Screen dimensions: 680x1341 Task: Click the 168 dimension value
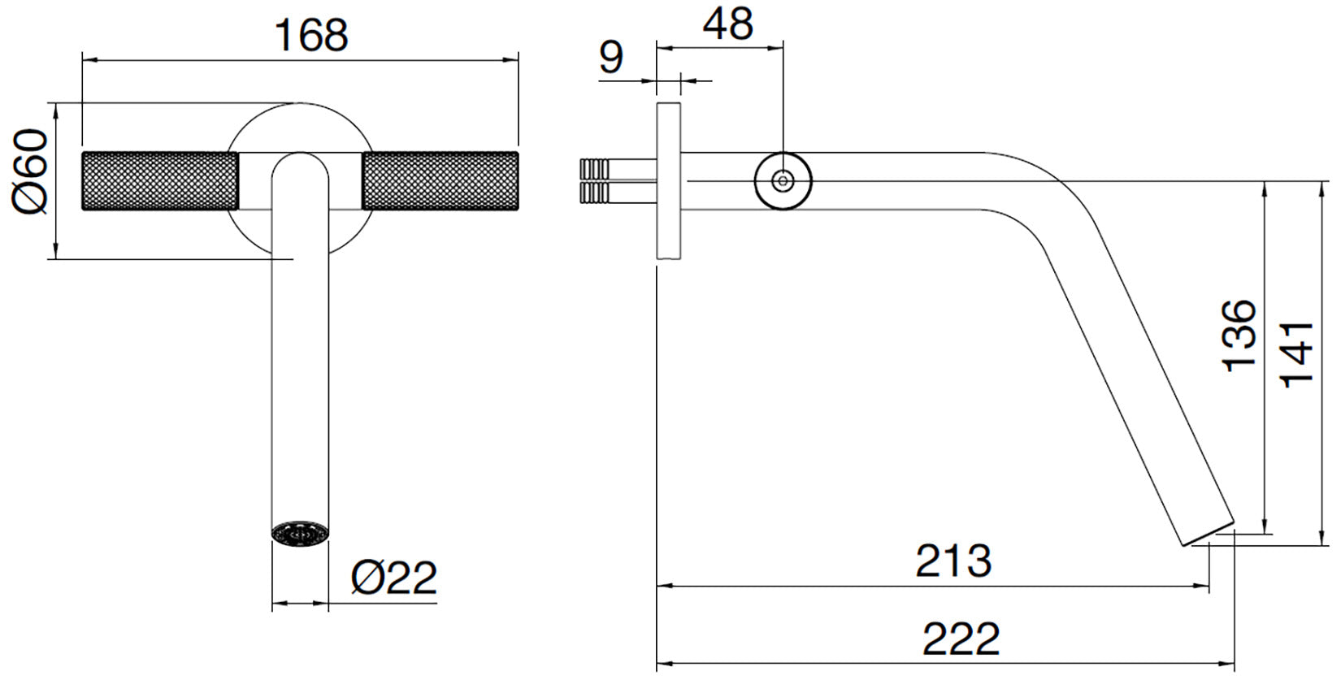click(x=311, y=35)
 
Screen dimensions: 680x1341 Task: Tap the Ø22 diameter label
click(x=394, y=578)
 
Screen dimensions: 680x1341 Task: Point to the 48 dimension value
click(x=727, y=24)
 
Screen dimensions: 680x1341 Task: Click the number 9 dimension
click(x=610, y=58)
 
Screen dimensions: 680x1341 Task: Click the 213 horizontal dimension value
click(x=953, y=560)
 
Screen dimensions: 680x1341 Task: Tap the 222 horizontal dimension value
click(x=961, y=639)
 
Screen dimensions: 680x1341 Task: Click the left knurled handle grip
click(x=159, y=180)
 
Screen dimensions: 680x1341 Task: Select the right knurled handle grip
click(x=440, y=180)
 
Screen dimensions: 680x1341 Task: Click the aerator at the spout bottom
click(x=300, y=534)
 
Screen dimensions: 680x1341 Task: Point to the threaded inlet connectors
click(x=594, y=180)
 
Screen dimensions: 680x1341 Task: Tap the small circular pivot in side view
click(x=783, y=180)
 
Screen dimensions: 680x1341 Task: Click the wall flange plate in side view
click(x=668, y=180)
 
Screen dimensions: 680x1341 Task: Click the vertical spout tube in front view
click(x=300, y=366)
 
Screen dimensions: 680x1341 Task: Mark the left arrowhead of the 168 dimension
click(x=87, y=59)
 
